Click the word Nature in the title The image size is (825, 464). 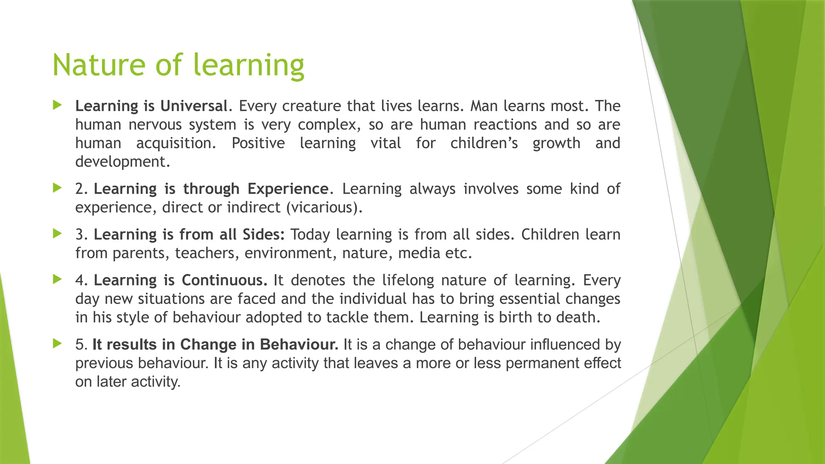coord(98,65)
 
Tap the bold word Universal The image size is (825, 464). coord(194,106)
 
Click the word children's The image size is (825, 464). coord(484,143)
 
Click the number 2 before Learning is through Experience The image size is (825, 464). coord(79,189)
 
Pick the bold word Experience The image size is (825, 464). coord(288,189)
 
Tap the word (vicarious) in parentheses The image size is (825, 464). coord(322,207)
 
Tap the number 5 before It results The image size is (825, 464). coord(80,345)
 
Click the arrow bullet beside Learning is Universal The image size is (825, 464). coord(58,106)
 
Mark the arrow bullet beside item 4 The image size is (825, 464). coord(58,279)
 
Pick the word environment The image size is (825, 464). coord(288,253)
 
